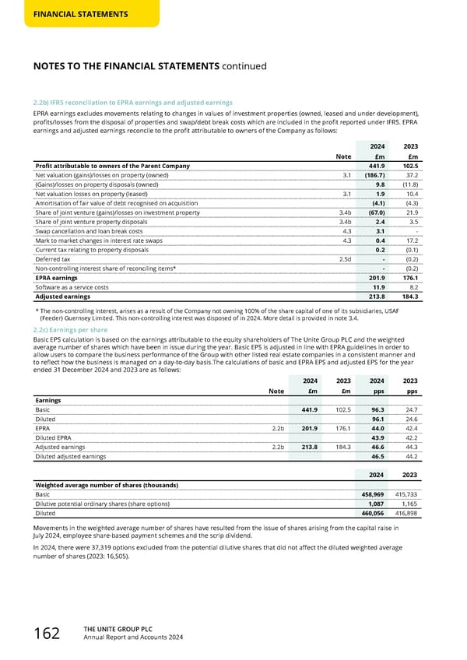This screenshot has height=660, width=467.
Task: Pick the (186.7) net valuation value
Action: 374,175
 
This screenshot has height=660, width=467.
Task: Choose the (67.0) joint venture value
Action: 376,212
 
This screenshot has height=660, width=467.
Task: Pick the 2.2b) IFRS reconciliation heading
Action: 132,102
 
